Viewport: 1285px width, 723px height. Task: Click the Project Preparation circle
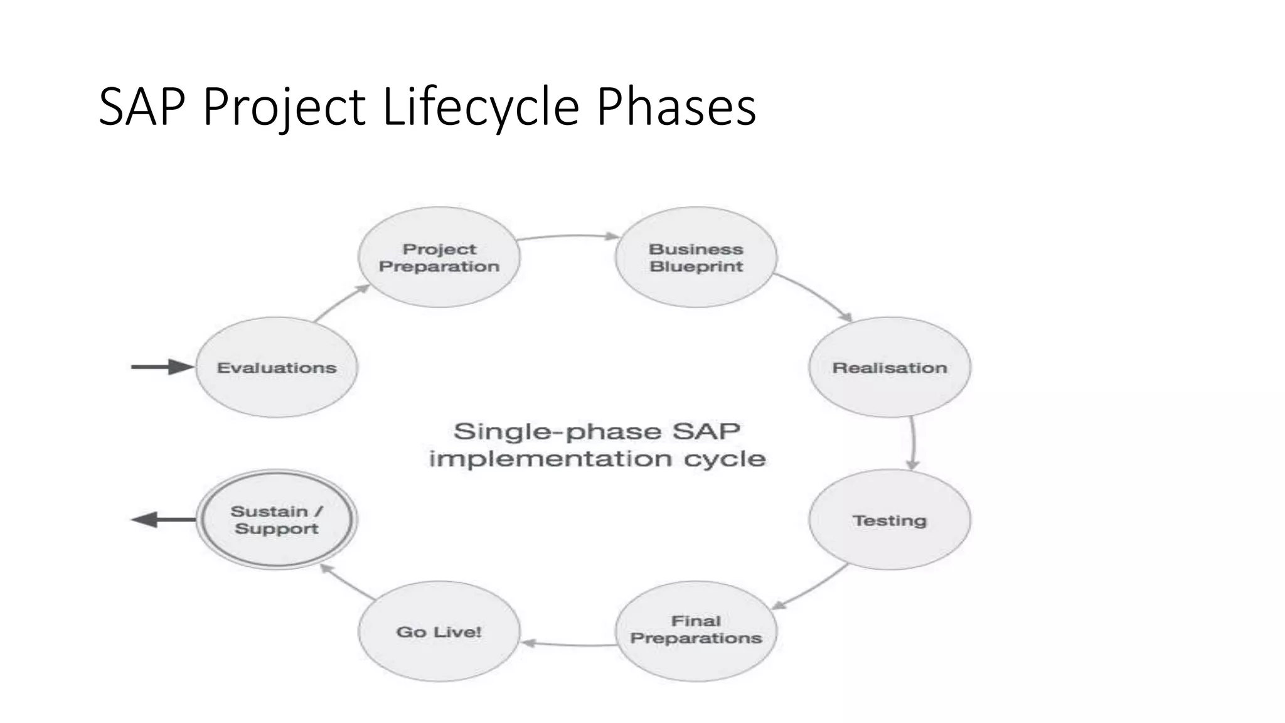pos(439,257)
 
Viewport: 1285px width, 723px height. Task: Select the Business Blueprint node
pos(696,257)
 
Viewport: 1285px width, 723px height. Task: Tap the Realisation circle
pos(890,367)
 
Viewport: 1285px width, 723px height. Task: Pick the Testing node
pos(890,520)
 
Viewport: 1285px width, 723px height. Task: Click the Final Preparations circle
pos(696,630)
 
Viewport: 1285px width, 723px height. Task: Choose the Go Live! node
pos(439,631)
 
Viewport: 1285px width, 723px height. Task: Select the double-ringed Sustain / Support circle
pos(277,520)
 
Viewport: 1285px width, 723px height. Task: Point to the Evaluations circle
pos(277,367)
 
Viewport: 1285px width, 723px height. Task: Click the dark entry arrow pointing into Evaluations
pos(162,367)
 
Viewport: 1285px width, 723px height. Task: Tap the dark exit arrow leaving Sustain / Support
pos(162,520)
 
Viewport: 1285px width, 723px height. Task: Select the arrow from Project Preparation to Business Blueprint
pos(568,236)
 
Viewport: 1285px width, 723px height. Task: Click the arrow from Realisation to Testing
pos(913,442)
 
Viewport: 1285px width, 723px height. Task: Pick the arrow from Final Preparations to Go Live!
pos(568,645)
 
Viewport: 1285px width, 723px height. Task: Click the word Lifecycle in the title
pos(481,107)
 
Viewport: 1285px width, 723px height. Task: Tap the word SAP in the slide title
pos(142,107)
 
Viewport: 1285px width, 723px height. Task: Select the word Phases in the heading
pos(676,107)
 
